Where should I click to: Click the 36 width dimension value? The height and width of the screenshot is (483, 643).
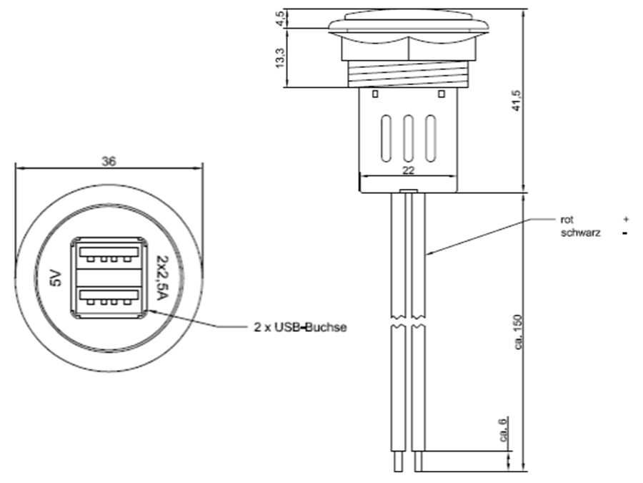click(x=109, y=162)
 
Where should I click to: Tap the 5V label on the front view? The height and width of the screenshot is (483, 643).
click(x=56, y=278)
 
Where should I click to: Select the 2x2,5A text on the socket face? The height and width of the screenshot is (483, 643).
click(x=161, y=278)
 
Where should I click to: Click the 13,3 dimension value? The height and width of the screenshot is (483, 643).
click(x=281, y=58)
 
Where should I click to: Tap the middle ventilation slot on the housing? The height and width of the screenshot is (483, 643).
click(x=409, y=137)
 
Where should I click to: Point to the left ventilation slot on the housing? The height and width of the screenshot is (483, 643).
click(x=387, y=137)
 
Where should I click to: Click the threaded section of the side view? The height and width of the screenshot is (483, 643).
click(x=409, y=74)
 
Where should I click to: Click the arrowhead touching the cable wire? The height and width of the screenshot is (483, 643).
click(x=430, y=253)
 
